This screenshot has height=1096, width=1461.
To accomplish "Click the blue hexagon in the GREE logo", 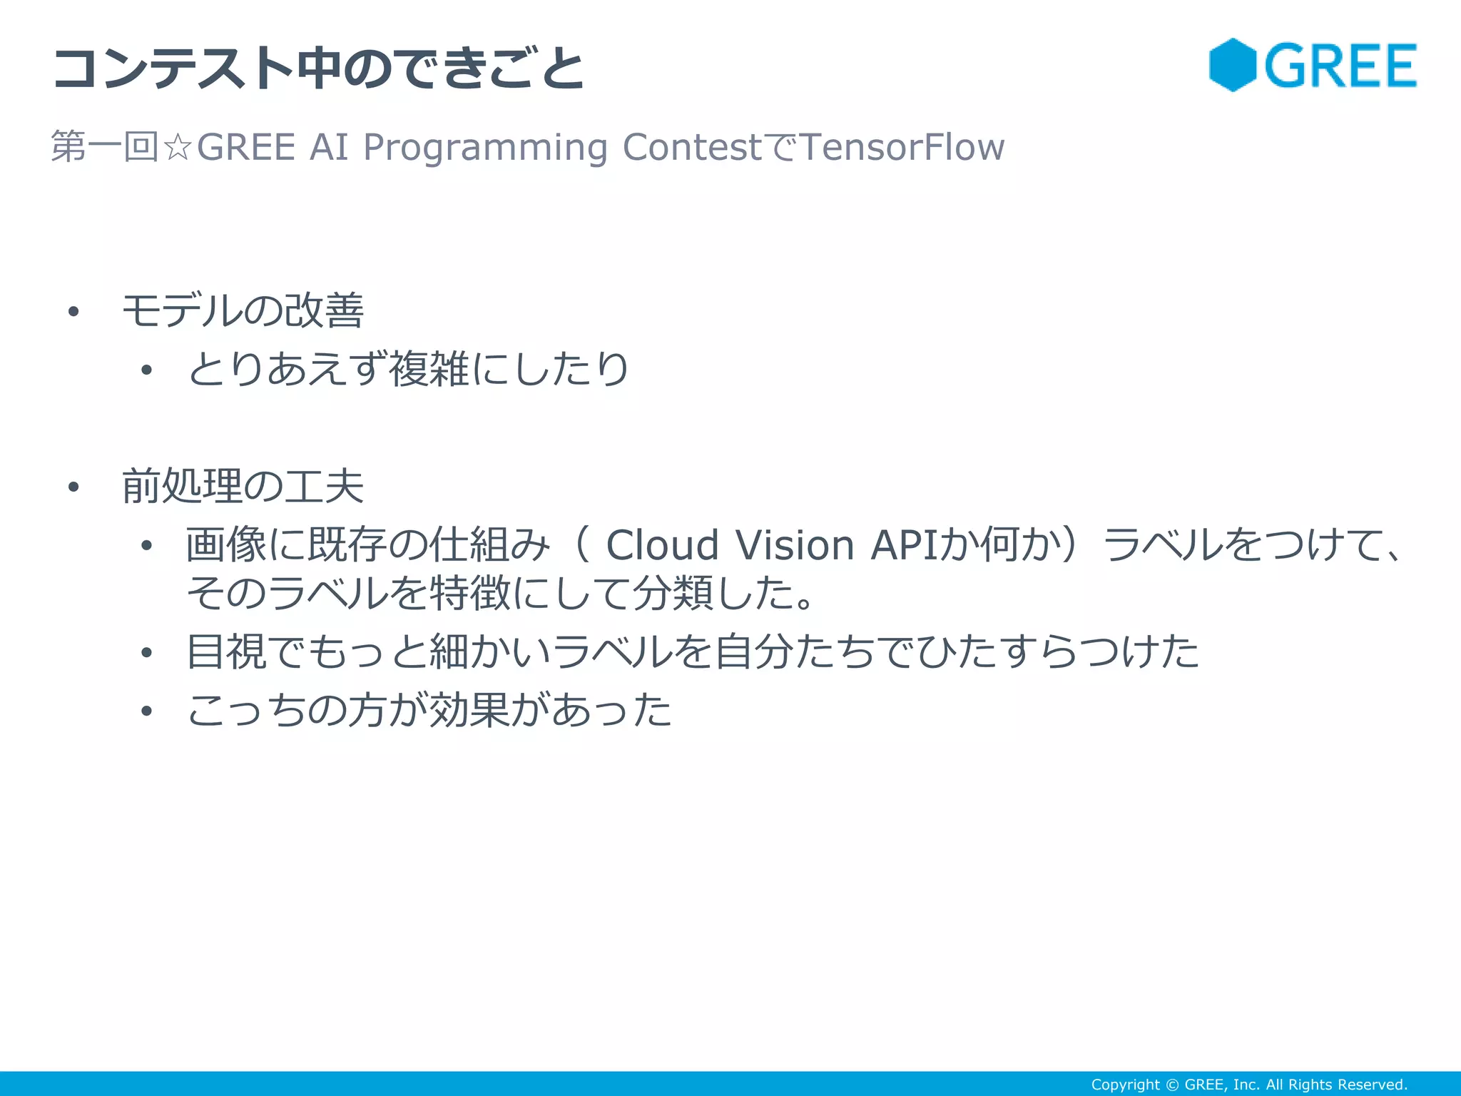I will click(1232, 65).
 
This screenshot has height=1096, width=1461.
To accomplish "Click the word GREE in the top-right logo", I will click(1340, 66).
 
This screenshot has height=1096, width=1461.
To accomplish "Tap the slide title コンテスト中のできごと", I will click(318, 68).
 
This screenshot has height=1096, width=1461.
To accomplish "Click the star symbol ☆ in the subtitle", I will click(177, 148).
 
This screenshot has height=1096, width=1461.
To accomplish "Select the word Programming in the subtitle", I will click(485, 148).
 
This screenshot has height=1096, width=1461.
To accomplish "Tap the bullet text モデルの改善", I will click(243, 311).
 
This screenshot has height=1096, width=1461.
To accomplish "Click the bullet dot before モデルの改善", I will click(73, 312).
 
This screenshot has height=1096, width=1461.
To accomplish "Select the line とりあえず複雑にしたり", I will click(407, 370).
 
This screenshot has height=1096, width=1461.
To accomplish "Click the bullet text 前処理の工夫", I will click(243, 487).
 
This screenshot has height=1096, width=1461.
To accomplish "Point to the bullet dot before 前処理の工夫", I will click(73, 487).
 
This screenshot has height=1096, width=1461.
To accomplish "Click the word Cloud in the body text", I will click(661, 546).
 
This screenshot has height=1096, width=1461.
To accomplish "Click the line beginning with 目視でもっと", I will click(692, 651).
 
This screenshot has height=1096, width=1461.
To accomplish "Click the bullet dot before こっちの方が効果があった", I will click(147, 711).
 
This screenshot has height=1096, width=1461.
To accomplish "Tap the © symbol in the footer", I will click(1172, 1085).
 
